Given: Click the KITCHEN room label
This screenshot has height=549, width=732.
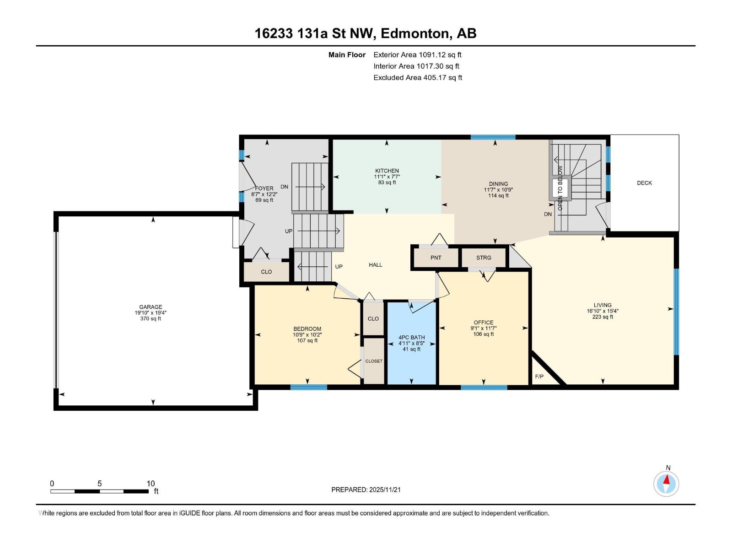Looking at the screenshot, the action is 387,171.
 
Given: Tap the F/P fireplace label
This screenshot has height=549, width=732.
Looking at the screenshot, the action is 539,377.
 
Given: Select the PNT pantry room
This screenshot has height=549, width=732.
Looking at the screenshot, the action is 436,258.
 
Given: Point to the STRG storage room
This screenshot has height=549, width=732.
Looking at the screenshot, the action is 484,258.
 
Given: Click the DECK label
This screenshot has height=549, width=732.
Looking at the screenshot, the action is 644,183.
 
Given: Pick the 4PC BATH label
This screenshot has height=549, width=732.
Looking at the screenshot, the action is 411,337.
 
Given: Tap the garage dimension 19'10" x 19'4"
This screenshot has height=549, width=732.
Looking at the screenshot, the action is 151,312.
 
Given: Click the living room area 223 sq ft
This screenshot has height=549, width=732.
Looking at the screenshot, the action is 603,317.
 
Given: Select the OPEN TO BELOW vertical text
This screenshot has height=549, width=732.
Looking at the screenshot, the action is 560,188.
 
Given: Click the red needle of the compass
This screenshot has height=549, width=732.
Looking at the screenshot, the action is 667,479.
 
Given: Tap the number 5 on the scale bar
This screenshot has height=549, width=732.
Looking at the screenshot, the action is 99,483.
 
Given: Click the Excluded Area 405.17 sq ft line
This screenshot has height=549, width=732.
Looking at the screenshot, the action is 418,78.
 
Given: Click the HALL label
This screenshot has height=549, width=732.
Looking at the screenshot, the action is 376,265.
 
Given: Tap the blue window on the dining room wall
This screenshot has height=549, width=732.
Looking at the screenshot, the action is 493,137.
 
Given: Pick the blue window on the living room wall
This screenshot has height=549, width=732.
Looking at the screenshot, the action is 676,312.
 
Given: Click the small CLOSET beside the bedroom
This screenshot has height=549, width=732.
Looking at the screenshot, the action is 373,361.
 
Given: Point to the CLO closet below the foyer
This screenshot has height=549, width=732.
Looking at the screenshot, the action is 266,272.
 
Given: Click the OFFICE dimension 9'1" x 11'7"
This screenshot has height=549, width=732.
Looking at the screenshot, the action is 484,328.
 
